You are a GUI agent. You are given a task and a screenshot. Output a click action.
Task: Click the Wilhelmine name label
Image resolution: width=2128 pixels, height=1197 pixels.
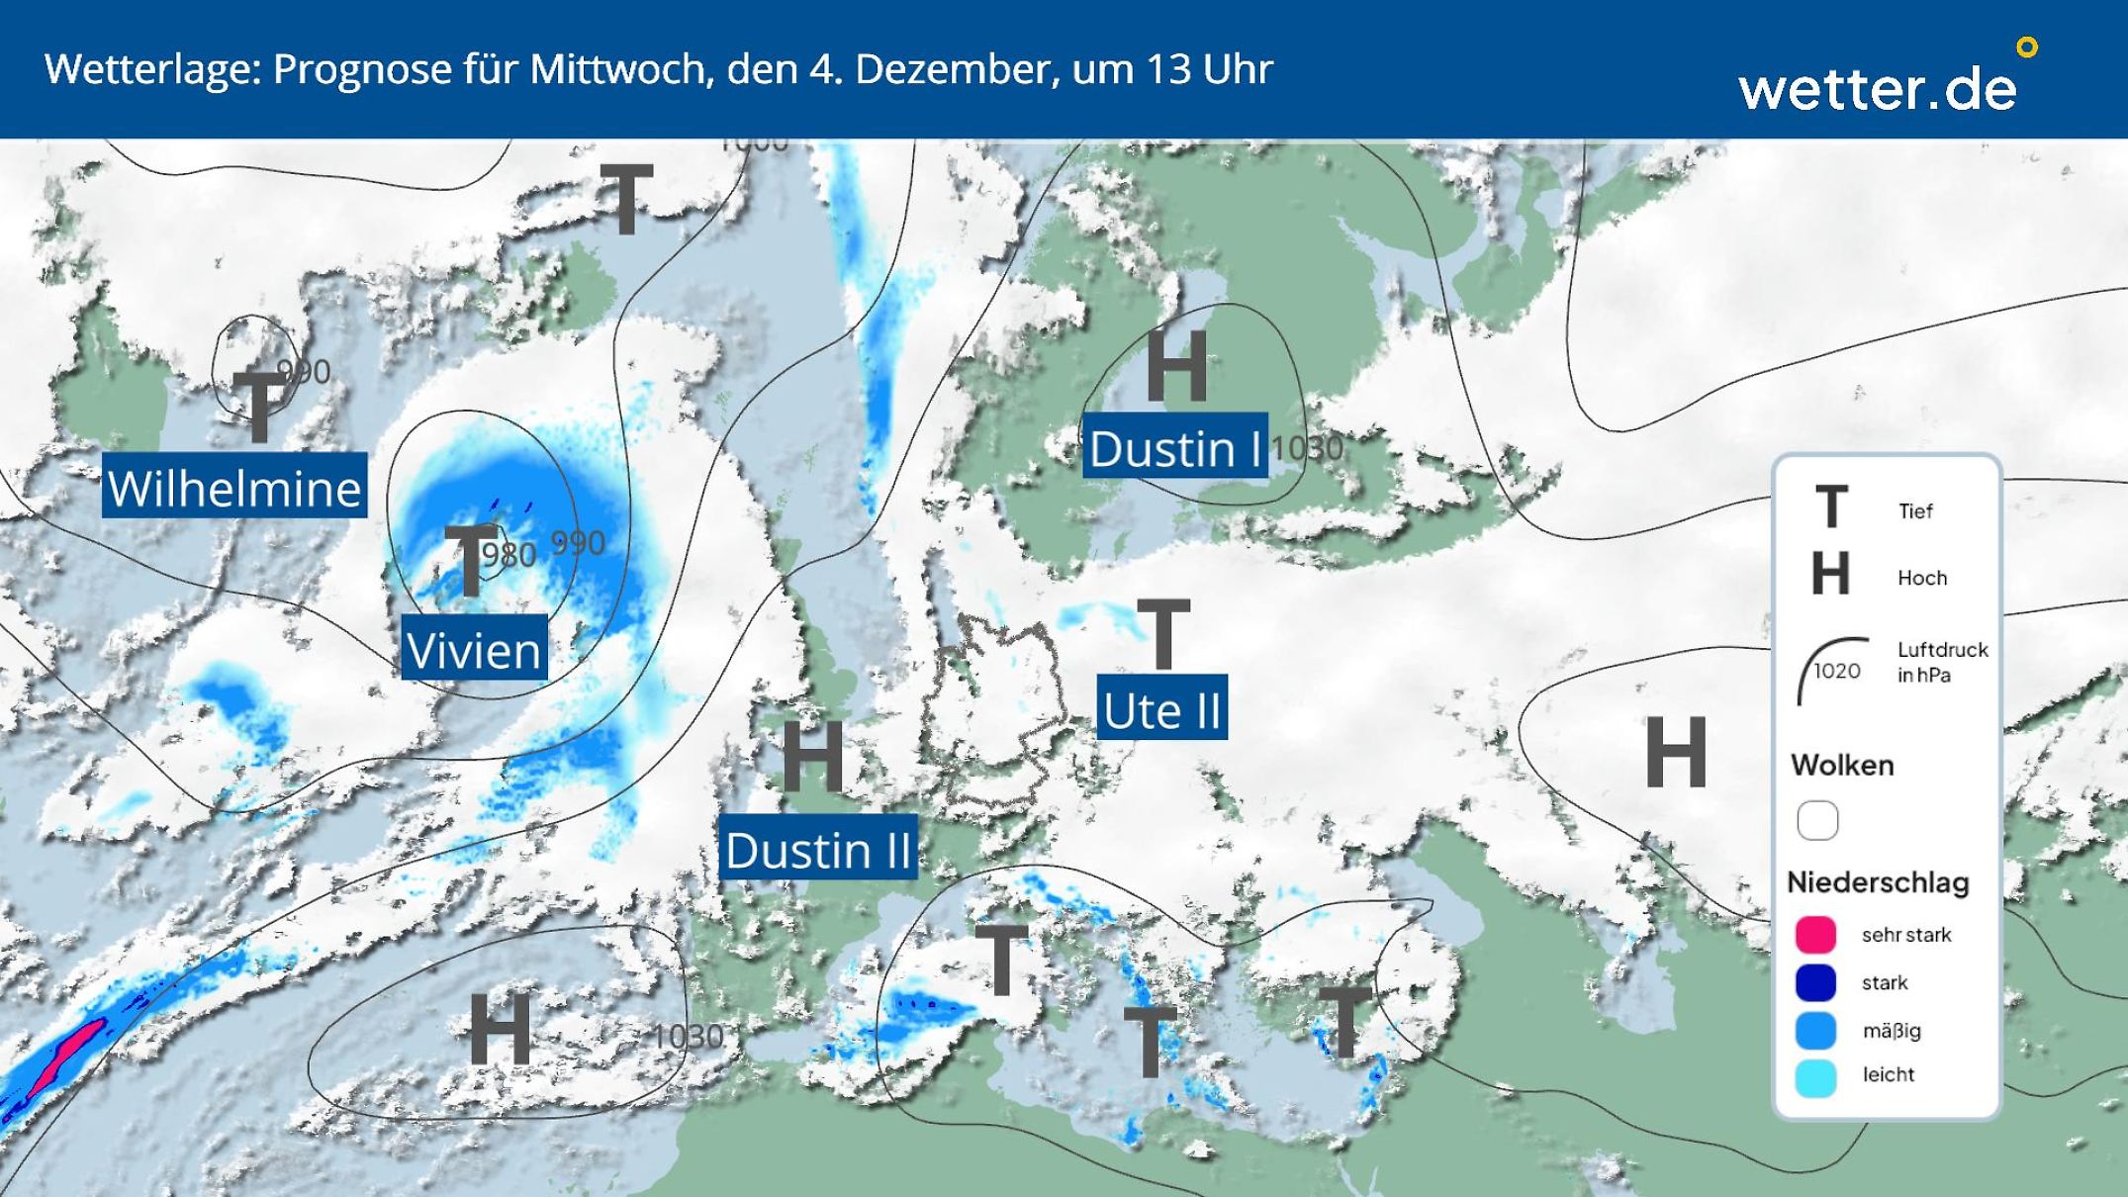(234, 487)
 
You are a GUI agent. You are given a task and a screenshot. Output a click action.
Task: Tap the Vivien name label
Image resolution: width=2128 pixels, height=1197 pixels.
(474, 649)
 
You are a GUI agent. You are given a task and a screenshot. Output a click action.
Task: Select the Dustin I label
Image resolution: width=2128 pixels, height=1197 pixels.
(1175, 448)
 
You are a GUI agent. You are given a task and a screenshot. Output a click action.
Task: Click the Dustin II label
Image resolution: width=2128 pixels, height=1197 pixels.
(818, 849)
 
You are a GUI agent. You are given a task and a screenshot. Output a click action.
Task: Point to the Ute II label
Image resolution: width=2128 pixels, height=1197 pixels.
(1161, 709)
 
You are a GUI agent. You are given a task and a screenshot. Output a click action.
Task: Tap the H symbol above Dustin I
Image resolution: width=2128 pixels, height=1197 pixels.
(1177, 366)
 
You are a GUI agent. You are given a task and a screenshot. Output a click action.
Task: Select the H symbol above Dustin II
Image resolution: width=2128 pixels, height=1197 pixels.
(813, 757)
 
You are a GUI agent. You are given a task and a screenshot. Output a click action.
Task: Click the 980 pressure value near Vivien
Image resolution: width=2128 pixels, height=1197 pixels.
(509, 555)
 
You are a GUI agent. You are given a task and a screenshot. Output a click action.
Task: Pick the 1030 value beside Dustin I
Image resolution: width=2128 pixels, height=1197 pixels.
(1307, 448)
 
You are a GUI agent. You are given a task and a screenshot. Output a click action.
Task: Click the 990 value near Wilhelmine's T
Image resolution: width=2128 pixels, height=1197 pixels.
(304, 371)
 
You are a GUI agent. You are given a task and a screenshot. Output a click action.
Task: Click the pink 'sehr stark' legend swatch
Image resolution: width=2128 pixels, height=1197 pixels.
(1815, 935)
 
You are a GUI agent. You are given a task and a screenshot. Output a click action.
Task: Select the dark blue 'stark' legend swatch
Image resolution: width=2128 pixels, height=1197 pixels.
(1815, 982)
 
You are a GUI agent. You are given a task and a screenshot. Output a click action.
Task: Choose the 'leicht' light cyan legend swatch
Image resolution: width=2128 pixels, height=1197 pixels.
(1815, 1077)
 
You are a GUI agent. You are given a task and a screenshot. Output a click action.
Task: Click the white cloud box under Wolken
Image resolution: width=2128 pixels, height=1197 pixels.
(1817, 820)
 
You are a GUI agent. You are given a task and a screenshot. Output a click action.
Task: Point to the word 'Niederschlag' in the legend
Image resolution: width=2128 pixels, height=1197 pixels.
(1878, 881)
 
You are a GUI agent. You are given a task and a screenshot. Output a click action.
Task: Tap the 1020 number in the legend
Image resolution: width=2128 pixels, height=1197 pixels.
(1836, 671)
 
